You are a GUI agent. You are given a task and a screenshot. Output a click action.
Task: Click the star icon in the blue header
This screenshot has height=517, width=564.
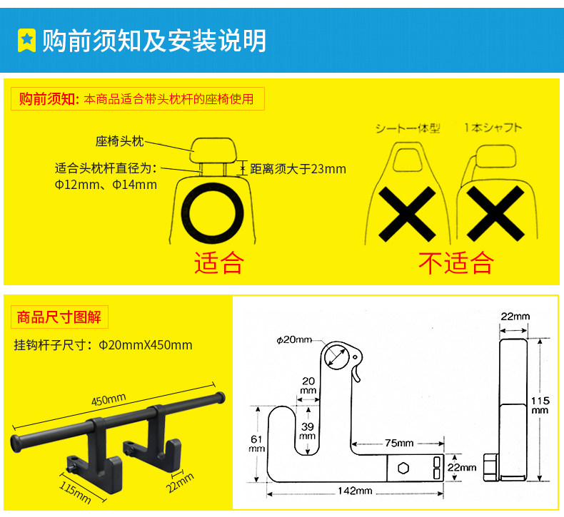tap(26, 40)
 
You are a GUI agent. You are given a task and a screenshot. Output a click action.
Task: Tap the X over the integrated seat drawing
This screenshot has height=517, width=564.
tap(407, 213)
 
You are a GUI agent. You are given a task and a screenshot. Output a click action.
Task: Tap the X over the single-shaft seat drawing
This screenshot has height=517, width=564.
tap(495, 213)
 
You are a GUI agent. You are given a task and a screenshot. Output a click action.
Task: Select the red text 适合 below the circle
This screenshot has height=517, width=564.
tap(218, 262)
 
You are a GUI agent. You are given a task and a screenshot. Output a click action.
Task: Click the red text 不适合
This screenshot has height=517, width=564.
tap(455, 262)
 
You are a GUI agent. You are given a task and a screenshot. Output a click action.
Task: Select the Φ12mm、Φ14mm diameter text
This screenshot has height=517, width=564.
tap(106, 185)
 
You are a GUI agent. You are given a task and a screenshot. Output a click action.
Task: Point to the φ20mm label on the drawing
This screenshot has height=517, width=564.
tap(294, 340)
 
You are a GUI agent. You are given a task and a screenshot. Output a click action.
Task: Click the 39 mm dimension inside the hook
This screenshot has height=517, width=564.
tap(308, 430)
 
